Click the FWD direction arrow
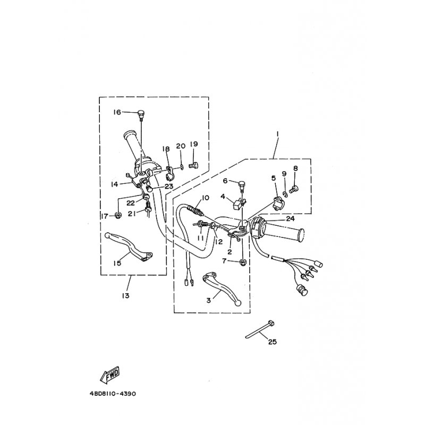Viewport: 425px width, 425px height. click(109, 375)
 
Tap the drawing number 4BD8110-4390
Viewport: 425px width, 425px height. click(113, 394)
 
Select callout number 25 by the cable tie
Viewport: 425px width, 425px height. click(273, 342)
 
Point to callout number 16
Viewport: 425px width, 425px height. click(117, 112)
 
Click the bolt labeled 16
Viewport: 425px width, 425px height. click(141, 114)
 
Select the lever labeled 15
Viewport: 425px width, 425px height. click(128, 247)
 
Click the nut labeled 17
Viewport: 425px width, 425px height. click(118, 216)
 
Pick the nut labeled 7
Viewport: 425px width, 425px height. click(243, 262)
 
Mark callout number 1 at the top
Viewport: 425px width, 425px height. click(277, 134)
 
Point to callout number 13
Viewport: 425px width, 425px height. click(126, 295)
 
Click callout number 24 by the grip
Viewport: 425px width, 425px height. click(290, 218)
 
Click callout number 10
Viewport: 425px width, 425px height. click(205, 198)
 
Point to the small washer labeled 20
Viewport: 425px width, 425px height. click(182, 167)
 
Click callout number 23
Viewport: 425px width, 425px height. click(169, 186)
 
